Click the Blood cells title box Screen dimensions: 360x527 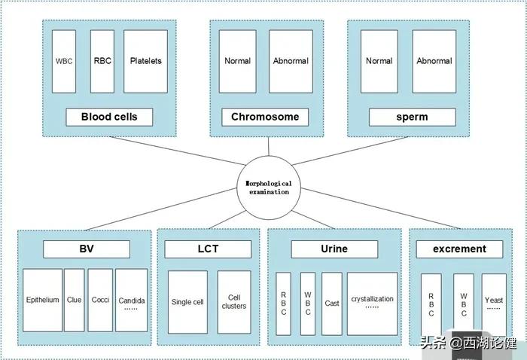[x=109, y=117]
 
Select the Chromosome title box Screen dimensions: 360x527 [x=265, y=117]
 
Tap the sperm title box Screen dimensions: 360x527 [x=412, y=117]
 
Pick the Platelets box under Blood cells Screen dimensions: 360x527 [x=145, y=61]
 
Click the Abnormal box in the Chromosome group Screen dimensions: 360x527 [x=291, y=61]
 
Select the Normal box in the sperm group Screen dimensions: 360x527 [x=379, y=61]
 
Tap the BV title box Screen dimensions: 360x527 [x=87, y=249]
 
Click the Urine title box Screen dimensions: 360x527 [x=334, y=249]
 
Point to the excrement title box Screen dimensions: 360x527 [x=459, y=249]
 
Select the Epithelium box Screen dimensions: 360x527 [x=42, y=300]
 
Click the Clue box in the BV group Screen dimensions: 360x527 [x=74, y=300]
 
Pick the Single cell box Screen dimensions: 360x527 [x=187, y=302]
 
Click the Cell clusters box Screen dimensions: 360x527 [x=234, y=302]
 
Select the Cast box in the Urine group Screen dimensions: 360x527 [x=332, y=304]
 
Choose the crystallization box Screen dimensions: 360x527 [x=372, y=304]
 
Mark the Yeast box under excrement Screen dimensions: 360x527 [x=494, y=304]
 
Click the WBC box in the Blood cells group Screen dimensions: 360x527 [x=64, y=61]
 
